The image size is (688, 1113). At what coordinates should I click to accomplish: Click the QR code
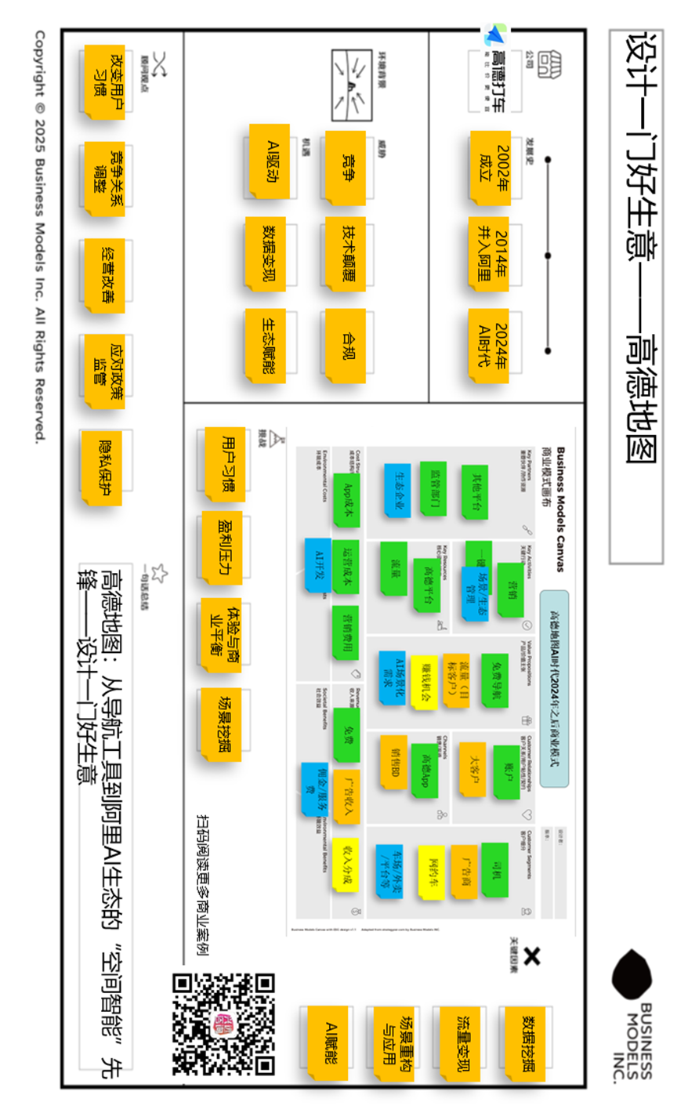223,1023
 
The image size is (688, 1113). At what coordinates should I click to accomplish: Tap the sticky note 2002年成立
491,169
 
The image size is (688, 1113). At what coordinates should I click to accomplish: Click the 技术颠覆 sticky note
345,256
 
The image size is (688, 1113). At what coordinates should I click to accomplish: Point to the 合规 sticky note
345,345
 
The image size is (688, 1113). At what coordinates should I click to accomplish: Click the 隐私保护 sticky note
105,466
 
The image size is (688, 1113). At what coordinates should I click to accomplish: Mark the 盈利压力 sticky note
223,549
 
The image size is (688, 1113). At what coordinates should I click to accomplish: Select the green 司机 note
495,869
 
